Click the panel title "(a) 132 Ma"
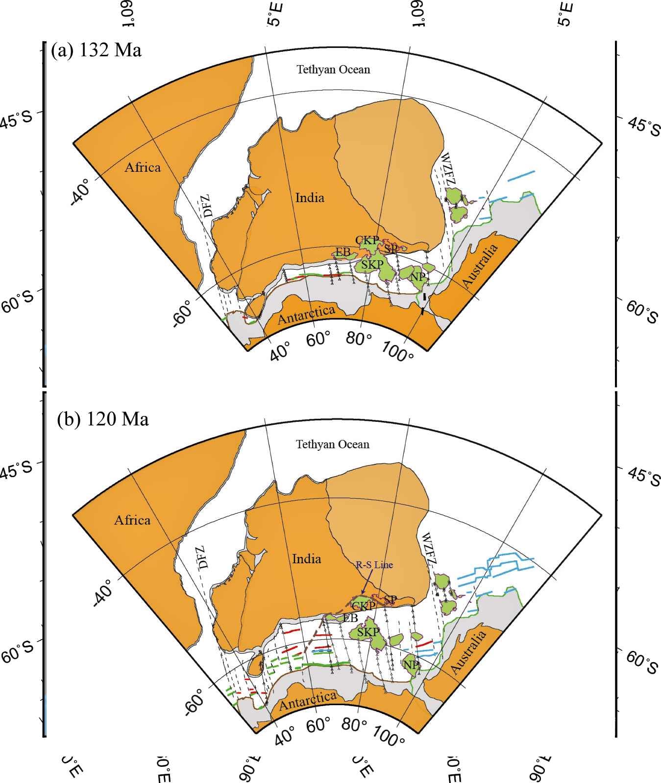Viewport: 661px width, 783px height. (97, 50)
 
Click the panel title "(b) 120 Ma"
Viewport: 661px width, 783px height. (103, 419)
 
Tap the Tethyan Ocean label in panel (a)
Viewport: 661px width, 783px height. (333, 69)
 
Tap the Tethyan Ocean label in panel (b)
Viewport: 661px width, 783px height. (333, 444)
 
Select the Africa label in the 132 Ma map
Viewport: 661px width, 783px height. (143, 167)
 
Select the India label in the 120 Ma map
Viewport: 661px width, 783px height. (307, 559)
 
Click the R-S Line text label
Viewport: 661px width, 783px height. (374, 565)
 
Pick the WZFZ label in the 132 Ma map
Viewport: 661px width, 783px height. (448, 169)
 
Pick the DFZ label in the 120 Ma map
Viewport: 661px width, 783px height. (203, 557)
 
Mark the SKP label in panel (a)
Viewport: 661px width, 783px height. (372, 265)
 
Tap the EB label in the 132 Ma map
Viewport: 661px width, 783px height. (343, 253)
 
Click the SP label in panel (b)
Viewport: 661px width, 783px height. (391, 600)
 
